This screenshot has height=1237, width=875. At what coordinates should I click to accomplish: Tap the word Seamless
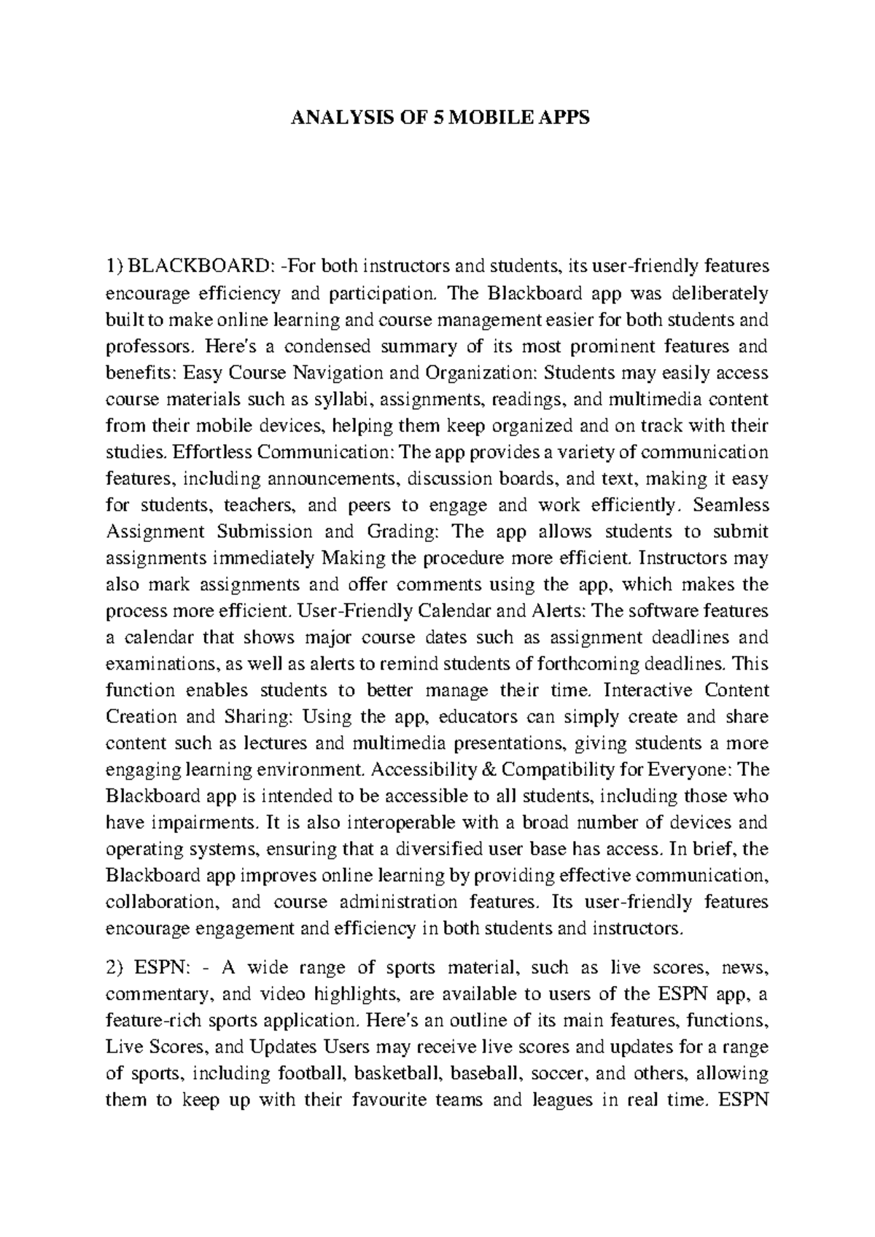pyautogui.click(x=732, y=505)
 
